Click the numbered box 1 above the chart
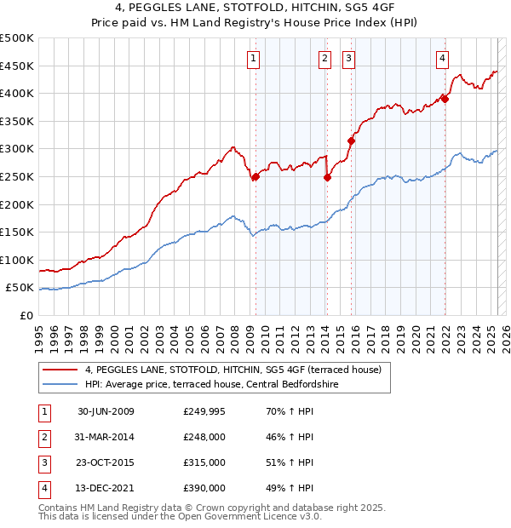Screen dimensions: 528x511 click(x=255, y=59)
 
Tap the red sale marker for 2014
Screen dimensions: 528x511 click(x=327, y=177)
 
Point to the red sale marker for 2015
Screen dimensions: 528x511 click(x=351, y=141)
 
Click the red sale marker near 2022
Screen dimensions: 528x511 click(x=445, y=99)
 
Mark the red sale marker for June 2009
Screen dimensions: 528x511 click(x=255, y=176)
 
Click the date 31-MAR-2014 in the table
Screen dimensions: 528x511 click(x=106, y=437)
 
